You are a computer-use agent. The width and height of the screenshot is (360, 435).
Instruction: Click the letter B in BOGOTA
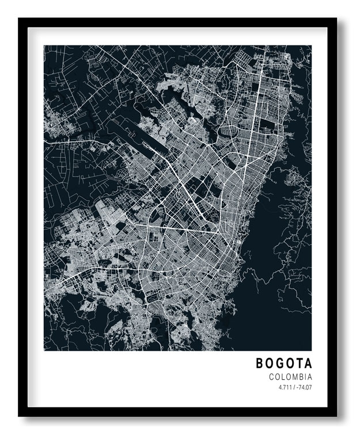coord(260,364)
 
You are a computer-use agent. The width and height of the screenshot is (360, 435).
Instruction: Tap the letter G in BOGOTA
coord(282,364)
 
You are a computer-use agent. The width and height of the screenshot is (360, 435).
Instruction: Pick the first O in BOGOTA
coord(271,364)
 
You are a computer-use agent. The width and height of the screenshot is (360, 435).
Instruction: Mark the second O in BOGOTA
coord(291,364)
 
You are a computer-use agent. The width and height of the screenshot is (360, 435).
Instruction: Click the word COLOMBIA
coord(290,377)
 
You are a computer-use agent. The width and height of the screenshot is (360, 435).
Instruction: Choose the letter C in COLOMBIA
coord(271,377)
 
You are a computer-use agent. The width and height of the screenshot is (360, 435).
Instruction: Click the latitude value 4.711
coord(283,388)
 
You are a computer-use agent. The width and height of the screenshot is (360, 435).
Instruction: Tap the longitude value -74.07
coord(304,388)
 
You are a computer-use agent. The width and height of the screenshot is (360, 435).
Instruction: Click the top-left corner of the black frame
coord(19,18)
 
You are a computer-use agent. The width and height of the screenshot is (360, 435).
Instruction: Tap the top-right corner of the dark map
coord(311,45)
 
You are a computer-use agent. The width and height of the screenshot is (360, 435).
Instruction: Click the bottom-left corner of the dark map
coord(44,350)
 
